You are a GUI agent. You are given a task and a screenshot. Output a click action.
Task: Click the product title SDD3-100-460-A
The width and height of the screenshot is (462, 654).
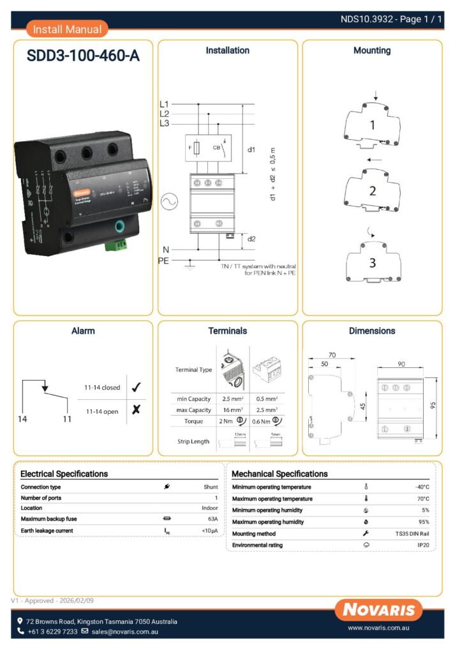[x=83, y=56]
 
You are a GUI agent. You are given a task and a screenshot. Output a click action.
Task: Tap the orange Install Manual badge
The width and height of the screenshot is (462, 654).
[x=67, y=29]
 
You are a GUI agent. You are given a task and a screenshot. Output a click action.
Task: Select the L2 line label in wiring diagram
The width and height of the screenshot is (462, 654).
[x=164, y=114]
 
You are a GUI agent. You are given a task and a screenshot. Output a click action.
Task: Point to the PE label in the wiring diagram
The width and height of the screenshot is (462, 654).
[x=163, y=261]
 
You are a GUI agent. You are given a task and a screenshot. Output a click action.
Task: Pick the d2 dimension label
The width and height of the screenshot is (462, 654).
[x=251, y=239]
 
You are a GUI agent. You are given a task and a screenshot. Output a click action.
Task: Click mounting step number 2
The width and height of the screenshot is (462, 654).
[x=372, y=190]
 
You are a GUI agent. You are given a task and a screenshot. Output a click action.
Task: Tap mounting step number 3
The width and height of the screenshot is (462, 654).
[x=372, y=262]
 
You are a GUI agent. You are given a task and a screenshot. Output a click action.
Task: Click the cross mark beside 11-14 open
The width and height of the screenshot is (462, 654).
[x=135, y=411]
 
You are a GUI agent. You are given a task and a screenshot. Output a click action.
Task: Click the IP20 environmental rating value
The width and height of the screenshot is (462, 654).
[x=423, y=545]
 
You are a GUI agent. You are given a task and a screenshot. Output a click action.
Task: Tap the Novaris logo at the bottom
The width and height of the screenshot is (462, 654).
[x=378, y=609]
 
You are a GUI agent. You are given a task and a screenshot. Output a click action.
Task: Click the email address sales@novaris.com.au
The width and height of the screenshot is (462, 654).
[x=124, y=632]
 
